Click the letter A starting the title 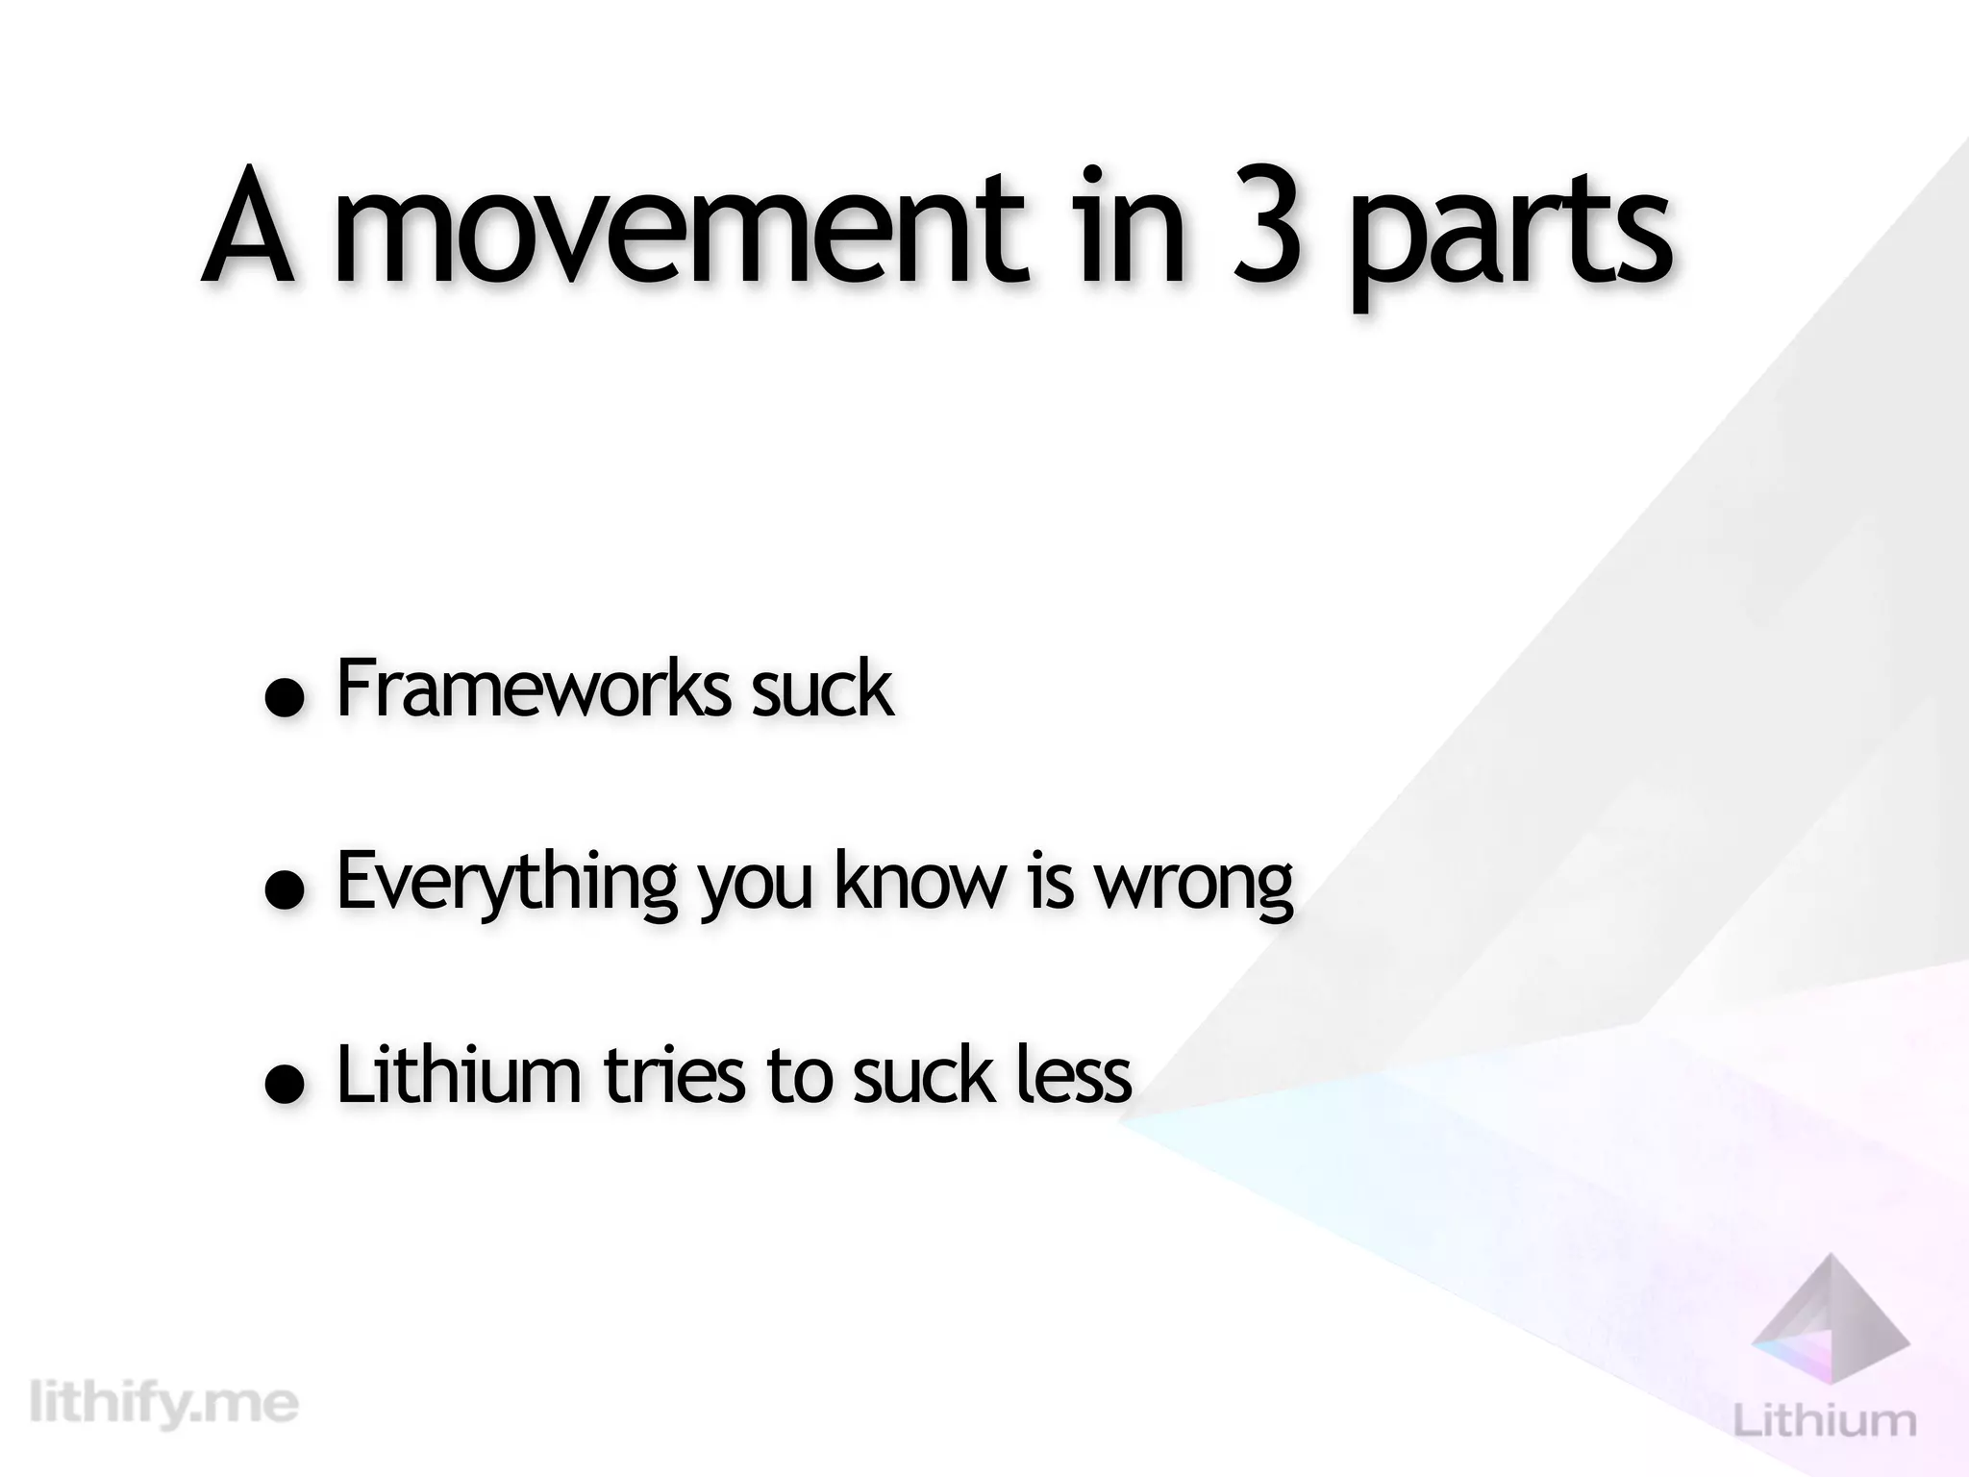(248, 231)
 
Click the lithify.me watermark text (164, 1405)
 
